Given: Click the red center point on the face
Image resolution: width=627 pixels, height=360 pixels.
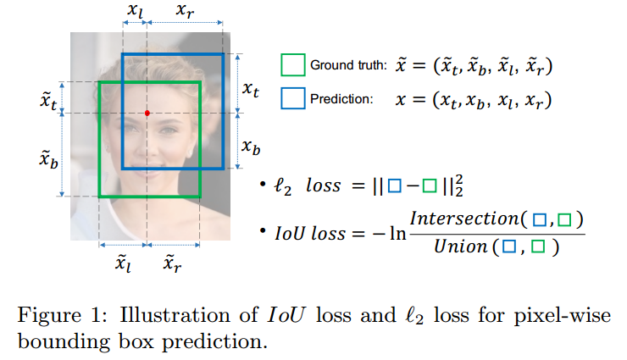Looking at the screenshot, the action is (147, 113).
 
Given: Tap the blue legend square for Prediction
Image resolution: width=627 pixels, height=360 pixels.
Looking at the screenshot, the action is (292, 98).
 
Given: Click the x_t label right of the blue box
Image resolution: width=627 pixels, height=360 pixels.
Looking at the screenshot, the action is (250, 88).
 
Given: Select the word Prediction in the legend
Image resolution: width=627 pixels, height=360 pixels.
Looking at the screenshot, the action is (341, 99).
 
